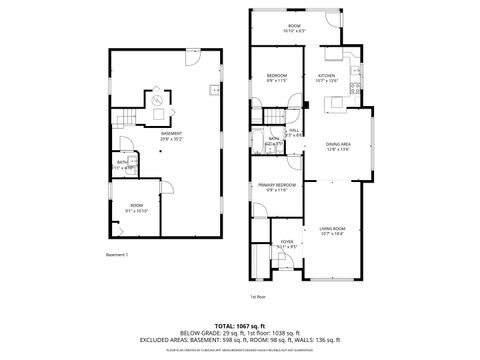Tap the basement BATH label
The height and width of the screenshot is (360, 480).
click(121, 164)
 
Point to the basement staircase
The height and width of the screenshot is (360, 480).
click(123, 121)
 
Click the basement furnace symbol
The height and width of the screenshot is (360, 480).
click(157, 100)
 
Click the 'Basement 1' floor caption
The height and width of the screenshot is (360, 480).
click(118, 255)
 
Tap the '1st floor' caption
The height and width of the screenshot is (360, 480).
click(256, 296)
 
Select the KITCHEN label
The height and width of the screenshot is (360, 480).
click(327, 78)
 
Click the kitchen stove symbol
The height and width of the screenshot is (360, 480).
click(355, 87)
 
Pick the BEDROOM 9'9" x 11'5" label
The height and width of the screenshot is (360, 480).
click(277, 78)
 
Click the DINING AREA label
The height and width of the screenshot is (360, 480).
click(339, 146)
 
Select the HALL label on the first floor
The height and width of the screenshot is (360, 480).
click(295, 131)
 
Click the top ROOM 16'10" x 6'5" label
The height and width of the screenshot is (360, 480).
click(295, 28)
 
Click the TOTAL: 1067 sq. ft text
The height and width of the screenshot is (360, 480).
click(240, 325)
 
